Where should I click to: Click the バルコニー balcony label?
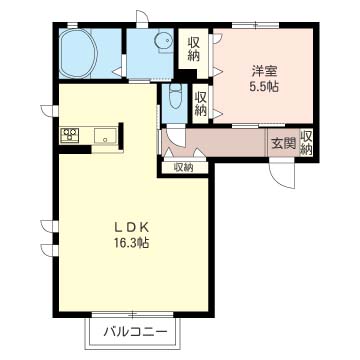tap(135, 332)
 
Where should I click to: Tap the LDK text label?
tap(132, 227)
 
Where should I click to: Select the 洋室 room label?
tap(265, 71)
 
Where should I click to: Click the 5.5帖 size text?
tap(264, 87)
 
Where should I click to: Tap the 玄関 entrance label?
tap(283, 143)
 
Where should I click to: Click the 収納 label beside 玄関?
tap(306, 143)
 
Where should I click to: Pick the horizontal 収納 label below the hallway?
tap(183, 167)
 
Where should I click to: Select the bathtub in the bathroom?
tap(79, 53)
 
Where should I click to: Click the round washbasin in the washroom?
tap(163, 40)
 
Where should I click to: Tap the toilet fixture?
tap(176, 96)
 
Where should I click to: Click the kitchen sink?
tap(105, 137)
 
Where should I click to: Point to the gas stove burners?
tap(69, 135)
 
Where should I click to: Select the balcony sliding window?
tap(133, 314)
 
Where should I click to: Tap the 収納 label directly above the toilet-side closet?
tap(194, 49)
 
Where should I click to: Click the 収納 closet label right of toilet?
tap(200, 104)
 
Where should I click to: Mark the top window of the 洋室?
tap(256, 24)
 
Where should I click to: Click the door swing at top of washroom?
tap(142, 17)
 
